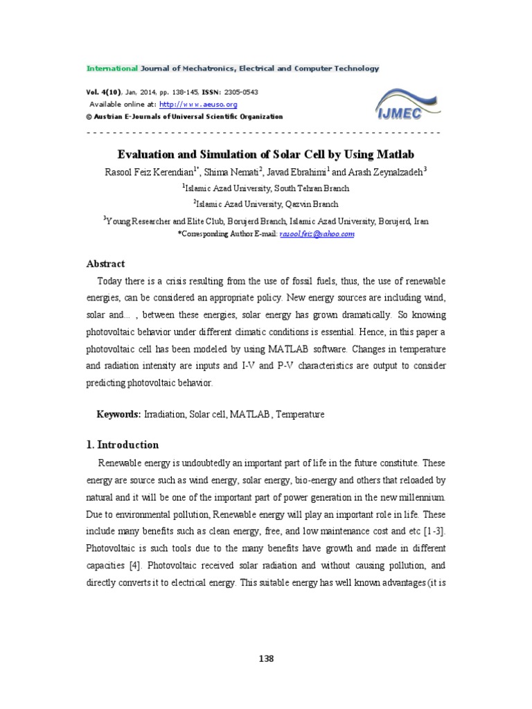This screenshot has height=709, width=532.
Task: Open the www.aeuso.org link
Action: tap(198, 105)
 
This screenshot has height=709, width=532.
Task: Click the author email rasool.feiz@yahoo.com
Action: tap(317, 235)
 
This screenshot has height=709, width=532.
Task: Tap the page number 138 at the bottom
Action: tap(266, 658)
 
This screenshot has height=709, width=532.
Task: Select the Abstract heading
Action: tap(105, 264)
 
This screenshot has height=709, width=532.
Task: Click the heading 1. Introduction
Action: tap(123, 445)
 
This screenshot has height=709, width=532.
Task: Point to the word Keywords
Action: tap(118, 414)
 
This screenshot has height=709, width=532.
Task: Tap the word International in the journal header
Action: tap(112, 69)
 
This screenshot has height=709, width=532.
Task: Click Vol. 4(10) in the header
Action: tap(102, 92)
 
